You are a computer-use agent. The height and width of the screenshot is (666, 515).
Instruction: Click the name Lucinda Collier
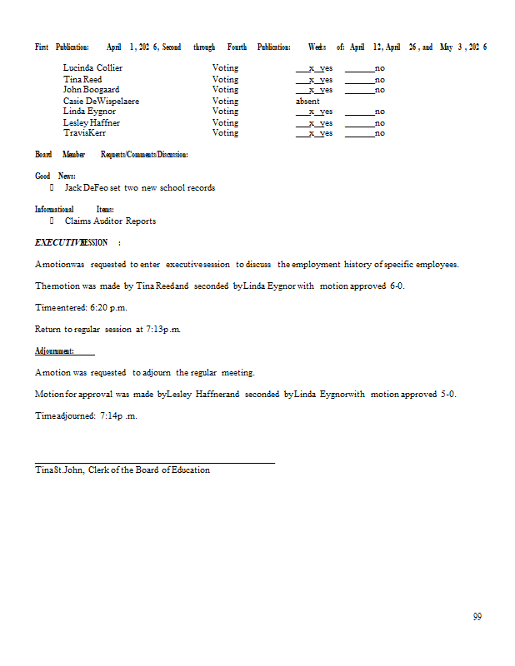click(x=92, y=68)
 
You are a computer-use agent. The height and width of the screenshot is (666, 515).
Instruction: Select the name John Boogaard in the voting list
click(x=91, y=90)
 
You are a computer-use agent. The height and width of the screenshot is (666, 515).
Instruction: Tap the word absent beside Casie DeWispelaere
click(x=307, y=101)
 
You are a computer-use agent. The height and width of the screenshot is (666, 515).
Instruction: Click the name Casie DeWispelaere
click(x=101, y=101)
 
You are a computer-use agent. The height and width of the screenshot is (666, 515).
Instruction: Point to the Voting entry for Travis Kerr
click(x=225, y=133)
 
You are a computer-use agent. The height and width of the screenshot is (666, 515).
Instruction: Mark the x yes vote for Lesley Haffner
click(x=315, y=123)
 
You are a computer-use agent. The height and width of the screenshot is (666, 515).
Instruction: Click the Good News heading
click(x=55, y=176)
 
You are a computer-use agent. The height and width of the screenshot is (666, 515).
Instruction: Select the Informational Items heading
click(x=74, y=210)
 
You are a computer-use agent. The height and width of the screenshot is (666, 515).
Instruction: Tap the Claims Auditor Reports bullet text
click(x=110, y=221)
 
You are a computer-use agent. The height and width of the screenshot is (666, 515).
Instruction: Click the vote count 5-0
click(x=448, y=395)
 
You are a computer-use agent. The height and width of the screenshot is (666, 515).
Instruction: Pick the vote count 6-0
click(x=397, y=286)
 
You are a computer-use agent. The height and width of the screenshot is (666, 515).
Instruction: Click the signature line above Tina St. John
click(x=154, y=462)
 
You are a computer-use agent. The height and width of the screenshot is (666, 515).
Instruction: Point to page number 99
click(x=477, y=617)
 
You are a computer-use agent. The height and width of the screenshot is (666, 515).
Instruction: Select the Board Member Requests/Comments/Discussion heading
click(x=111, y=155)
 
